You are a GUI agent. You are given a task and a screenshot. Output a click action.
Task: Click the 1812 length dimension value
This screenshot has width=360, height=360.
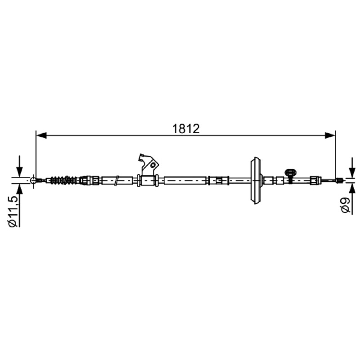[186, 129]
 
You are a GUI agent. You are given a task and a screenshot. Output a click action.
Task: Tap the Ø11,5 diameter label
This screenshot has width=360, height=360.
[13, 211]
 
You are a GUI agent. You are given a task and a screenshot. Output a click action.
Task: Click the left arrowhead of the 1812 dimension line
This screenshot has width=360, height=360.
[41, 135]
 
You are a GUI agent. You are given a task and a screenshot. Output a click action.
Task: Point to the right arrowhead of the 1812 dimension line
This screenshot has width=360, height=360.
[330, 135]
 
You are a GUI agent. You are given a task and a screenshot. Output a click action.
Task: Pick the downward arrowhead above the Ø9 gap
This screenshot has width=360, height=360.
[351, 173]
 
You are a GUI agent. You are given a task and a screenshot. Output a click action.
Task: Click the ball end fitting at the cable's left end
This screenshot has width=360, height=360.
[33, 180]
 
